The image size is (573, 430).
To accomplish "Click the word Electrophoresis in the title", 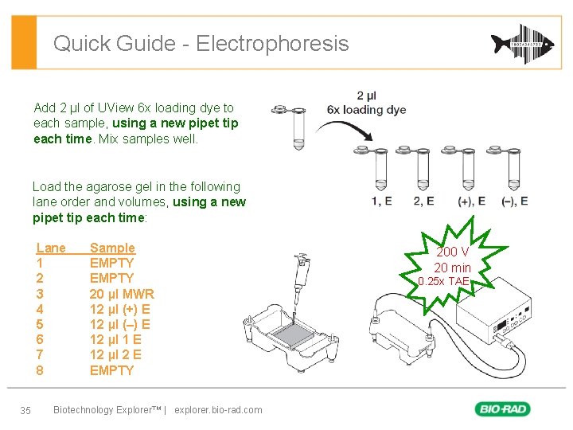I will point(272,43).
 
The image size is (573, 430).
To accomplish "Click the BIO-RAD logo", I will point(503,409).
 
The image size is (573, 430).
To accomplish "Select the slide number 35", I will point(25,410).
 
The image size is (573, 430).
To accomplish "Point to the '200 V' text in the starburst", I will point(452,252).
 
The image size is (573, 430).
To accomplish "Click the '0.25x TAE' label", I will point(445,282).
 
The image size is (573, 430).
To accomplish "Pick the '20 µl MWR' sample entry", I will point(122,294).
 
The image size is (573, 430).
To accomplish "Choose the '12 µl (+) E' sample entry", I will point(120,309).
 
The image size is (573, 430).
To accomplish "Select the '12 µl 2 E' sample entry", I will point(115,355).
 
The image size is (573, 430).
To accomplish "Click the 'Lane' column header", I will point(51,248).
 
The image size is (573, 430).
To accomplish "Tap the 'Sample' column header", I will point(112,248).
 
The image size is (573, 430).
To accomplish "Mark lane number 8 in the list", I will point(40,370).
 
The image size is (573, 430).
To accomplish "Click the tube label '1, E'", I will point(381,201).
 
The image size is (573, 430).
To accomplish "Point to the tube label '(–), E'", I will point(513,201).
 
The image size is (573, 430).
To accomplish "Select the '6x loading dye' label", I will point(366,110).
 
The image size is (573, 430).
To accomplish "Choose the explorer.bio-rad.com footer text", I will point(218,410).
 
